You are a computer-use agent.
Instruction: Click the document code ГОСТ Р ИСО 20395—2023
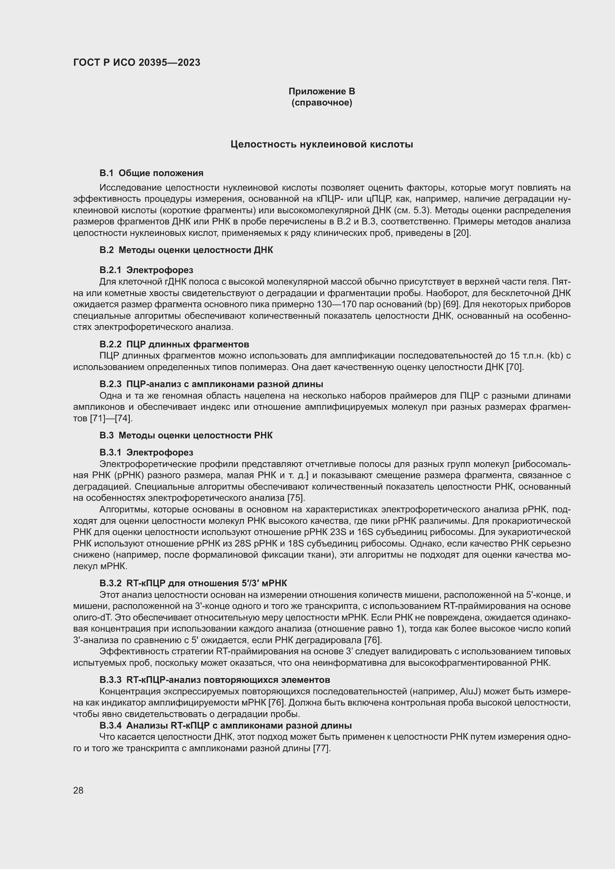[136, 62]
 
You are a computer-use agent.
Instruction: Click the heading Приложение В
[322, 91]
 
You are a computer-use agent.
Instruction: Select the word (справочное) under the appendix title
[322, 103]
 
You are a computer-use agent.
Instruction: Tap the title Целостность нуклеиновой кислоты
[322, 144]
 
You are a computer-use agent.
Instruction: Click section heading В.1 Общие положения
[151, 173]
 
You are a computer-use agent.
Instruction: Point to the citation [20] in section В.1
[462, 233]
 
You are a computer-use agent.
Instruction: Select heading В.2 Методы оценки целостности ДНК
[186, 250]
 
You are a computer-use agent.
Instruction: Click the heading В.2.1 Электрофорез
[146, 270]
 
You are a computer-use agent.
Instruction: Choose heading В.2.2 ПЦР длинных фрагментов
[174, 344]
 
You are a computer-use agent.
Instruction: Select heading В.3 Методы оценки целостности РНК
[186, 435]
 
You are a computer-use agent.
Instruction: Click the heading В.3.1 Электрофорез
[146, 452]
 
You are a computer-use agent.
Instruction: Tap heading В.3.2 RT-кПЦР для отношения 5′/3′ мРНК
[193, 583]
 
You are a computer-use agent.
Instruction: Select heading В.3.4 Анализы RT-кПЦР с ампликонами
[225, 726]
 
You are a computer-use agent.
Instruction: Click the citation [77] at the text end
[322, 748]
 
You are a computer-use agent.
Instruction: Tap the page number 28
[78, 790]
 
